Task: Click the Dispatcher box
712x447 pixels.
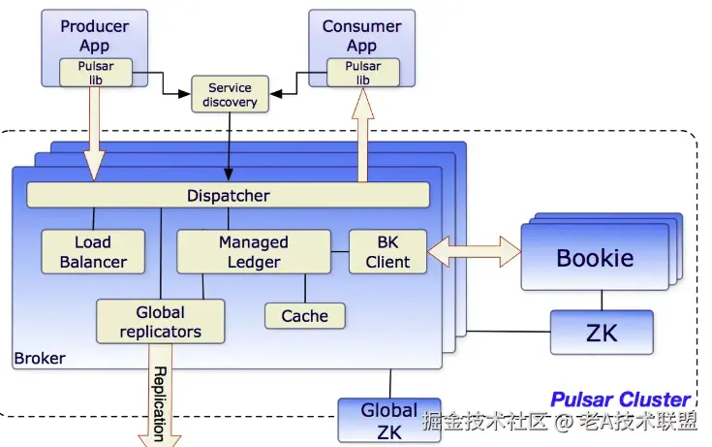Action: [228, 195]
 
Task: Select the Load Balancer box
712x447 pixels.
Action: [93, 251]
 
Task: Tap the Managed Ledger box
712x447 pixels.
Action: [254, 251]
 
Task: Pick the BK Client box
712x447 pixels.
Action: [387, 251]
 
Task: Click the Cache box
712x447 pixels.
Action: [305, 315]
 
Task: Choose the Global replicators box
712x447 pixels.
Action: [160, 321]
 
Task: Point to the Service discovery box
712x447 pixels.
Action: [230, 94]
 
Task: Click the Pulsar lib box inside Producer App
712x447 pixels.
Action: [96, 73]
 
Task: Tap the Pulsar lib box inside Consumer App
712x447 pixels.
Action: [363, 73]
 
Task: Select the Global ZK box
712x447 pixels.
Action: [389, 421]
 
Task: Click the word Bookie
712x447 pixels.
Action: [595, 258]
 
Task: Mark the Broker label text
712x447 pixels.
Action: [40, 359]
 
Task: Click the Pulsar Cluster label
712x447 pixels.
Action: [620, 399]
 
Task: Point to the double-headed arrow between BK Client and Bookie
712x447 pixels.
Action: [474, 251]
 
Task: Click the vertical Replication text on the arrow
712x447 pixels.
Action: [159, 403]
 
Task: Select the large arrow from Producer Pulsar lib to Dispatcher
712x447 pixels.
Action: [95, 133]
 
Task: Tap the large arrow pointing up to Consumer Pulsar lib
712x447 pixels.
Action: [363, 135]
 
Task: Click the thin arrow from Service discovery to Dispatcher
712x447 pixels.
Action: [229, 146]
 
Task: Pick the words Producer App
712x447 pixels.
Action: [95, 36]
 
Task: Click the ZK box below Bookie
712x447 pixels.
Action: [602, 333]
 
